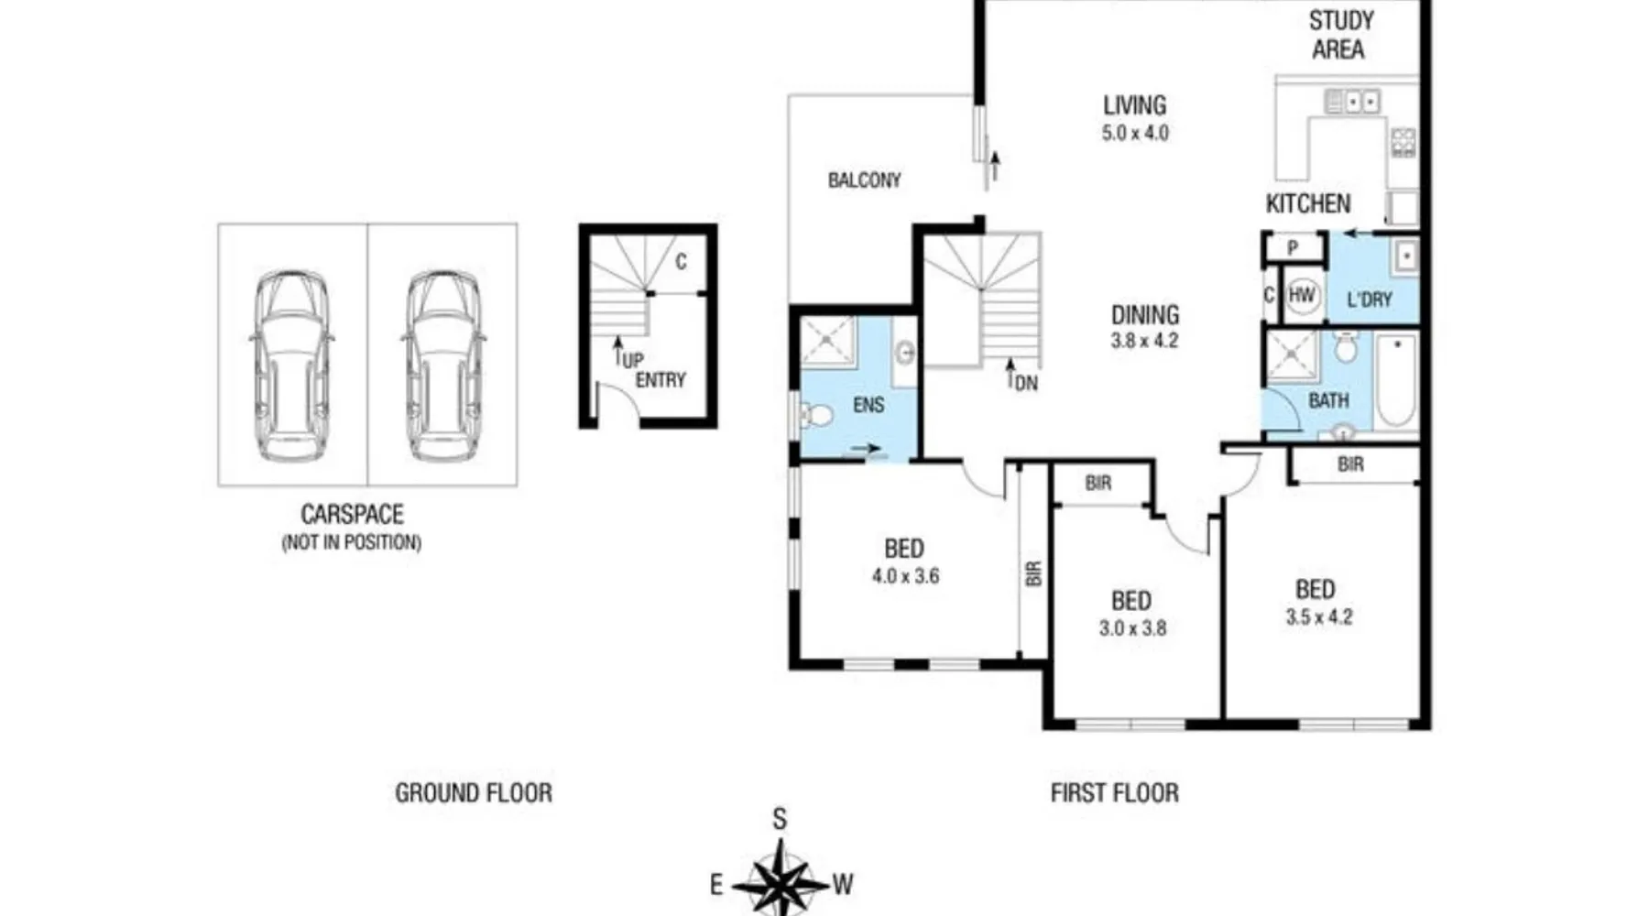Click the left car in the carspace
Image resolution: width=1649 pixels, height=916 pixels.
(291, 365)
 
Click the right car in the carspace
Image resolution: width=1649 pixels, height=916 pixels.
(443, 365)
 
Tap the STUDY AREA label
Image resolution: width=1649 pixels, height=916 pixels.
(1340, 35)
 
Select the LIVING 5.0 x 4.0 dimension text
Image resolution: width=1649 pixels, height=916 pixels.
(1135, 132)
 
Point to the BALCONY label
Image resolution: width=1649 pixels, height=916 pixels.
(864, 180)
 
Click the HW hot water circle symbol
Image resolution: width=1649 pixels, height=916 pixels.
(1302, 295)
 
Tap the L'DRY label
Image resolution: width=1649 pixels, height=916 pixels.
(1370, 300)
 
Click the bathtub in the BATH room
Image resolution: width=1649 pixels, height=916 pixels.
(1395, 381)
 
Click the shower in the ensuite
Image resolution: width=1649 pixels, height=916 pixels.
(828, 342)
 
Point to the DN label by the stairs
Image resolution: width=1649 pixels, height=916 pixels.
(1026, 383)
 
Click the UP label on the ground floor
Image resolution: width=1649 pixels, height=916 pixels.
(632, 360)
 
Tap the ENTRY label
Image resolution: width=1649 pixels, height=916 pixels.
(661, 380)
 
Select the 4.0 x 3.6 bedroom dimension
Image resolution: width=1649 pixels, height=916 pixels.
(905, 576)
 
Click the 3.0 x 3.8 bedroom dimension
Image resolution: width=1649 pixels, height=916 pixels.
(1132, 628)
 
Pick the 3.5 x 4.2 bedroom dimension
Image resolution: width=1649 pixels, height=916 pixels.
(1318, 616)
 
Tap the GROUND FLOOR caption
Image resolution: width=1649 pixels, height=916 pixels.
(474, 792)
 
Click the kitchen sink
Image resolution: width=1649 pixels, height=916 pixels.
(1352, 101)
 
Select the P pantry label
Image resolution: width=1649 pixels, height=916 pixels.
(1293, 247)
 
